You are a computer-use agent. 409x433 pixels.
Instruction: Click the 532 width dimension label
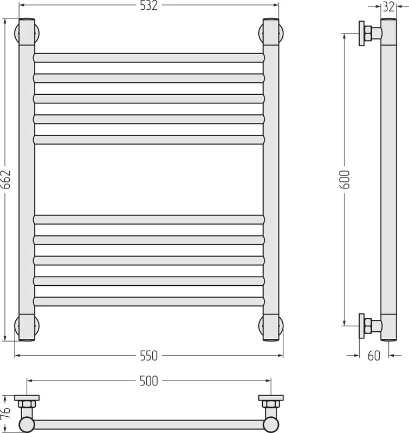coord(148,6)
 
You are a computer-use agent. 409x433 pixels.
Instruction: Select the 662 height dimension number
coord(6,180)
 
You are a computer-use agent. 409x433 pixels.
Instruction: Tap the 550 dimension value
coord(148,356)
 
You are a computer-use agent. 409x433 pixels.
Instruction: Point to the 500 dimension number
coord(148,381)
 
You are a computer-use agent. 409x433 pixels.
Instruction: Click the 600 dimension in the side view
coord(345,180)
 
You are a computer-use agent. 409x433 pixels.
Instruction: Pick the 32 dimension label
coord(388,7)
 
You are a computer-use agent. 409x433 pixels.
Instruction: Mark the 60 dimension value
coord(374,356)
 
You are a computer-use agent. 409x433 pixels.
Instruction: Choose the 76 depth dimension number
coord(6,413)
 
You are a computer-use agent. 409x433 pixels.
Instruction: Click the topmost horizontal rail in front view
coord(148,58)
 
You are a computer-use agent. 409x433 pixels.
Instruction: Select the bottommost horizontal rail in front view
coord(148,301)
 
